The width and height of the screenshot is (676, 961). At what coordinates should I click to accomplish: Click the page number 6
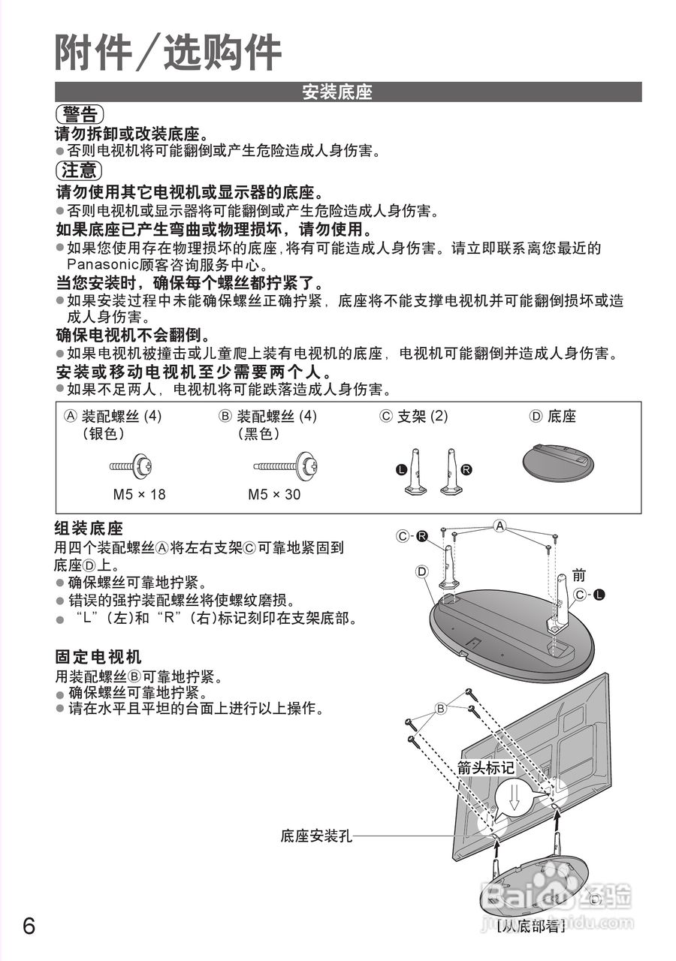pyautogui.click(x=29, y=925)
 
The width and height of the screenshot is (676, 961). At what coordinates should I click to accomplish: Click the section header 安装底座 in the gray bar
pyautogui.click(x=337, y=92)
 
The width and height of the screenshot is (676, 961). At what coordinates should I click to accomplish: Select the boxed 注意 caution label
pyautogui.click(x=79, y=170)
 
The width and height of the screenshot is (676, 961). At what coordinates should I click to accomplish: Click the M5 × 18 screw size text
pyautogui.click(x=139, y=495)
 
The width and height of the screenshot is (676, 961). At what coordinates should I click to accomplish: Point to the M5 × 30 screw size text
pyautogui.click(x=274, y=495)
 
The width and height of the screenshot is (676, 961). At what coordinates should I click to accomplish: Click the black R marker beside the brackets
pyautogui.click(x=466, y=469)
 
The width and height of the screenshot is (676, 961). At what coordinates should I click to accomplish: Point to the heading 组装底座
pyautogui.click(x=89, y=528)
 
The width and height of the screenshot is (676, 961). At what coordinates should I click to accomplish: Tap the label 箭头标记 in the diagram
pyautogui.click(x=486, y=768)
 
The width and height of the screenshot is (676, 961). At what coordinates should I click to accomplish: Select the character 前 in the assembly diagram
pyautogui.click(x=578, y=575)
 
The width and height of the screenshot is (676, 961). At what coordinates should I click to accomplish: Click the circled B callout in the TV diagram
pyautogui.click(x=441, y=709)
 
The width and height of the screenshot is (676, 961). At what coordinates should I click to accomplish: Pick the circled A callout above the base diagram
pyautogui.click(x=499, y=526)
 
